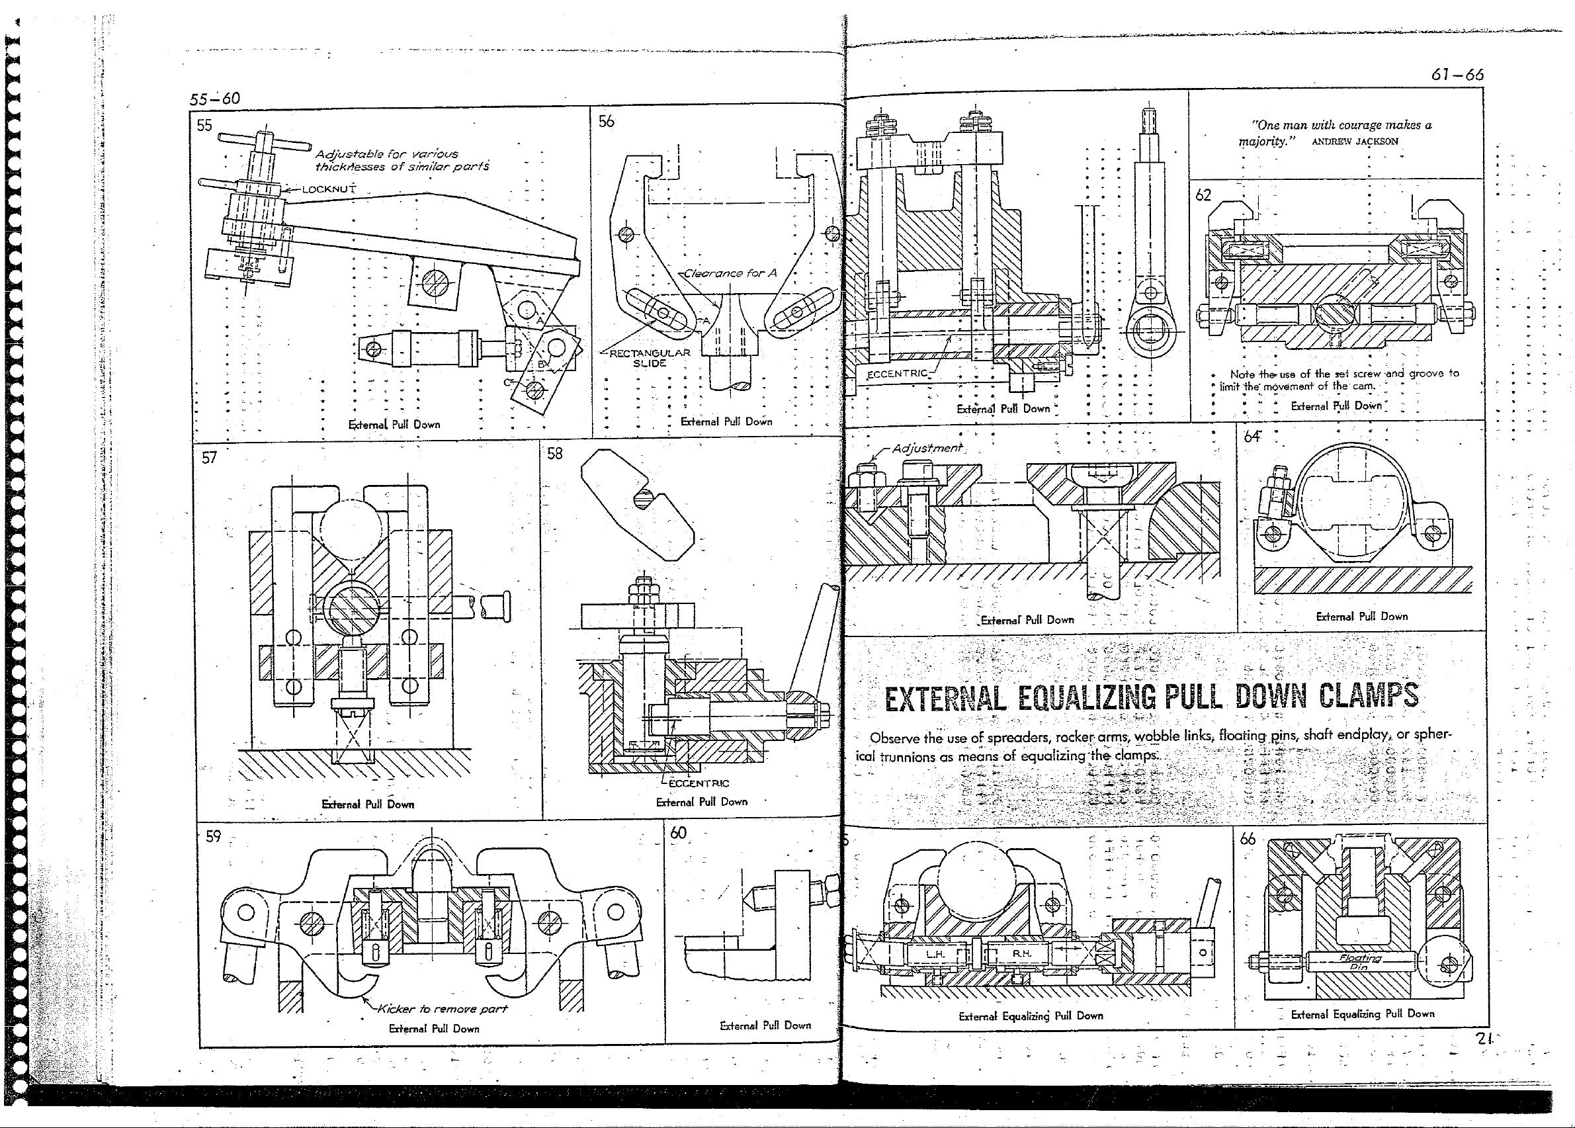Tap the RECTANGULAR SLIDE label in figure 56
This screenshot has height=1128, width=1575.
(650, 358)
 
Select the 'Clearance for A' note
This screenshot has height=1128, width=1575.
(730, 273)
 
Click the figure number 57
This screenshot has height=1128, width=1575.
(209, 457)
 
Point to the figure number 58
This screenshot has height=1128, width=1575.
(555, 454)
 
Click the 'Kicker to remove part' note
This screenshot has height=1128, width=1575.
(442, 1008)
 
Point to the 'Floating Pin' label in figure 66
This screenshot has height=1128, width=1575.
(1360, 962)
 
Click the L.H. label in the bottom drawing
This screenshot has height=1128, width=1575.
(935, 955)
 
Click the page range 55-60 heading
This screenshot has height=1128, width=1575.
(214, 99)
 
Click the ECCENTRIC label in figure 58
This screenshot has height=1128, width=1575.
(699, 783)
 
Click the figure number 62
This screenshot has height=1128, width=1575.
(1203, 195)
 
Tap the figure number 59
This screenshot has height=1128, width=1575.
(213, 836)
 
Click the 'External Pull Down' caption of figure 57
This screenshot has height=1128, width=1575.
(367, 804)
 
